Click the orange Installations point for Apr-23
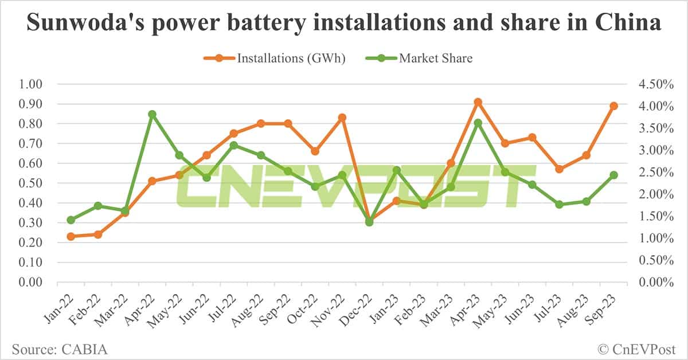[x=478, y=102]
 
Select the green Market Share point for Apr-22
[x=152, y=114]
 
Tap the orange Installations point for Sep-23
[x=613, y=106]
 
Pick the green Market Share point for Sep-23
[x=613, y=175]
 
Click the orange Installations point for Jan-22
[x=71, y=236]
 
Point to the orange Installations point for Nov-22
[x=342, y=118]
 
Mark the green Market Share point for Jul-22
[x=233, y=145]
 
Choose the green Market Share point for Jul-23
[x=559, y=204]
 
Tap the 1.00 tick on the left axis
[x=31, y=84]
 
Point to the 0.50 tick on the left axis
[x=31, y=183]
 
